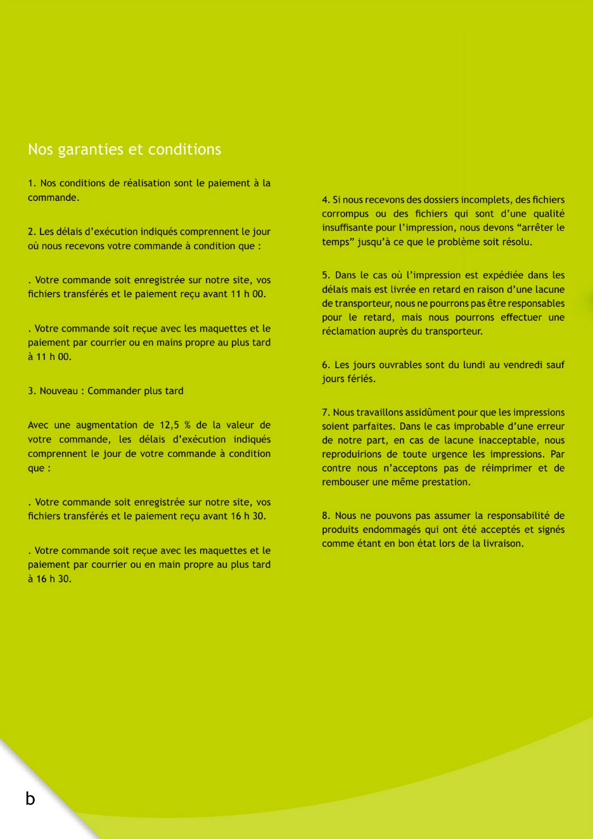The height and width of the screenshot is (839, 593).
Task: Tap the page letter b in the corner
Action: [30, 798]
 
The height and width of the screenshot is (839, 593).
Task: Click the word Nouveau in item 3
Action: [58, 391]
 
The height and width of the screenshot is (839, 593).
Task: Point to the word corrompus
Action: [345, 214]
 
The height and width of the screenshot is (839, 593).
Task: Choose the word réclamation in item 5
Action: [348, 331]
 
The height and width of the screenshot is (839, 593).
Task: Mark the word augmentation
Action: [106, 425]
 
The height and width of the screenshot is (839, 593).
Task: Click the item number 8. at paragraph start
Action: [326, 516]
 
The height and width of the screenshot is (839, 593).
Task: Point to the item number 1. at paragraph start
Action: [32, 183]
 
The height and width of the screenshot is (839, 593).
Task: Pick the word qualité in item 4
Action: [549, 214]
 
